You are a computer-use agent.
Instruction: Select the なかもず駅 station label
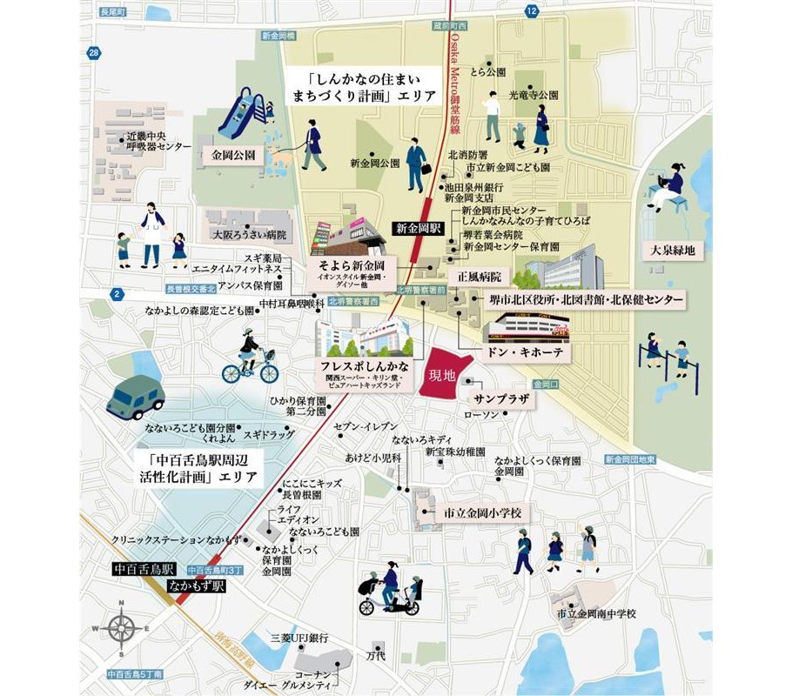(x=198, y=586)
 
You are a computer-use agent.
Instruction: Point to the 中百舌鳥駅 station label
(x=144, y=570)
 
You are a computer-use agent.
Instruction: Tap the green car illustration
(x=135, y=398)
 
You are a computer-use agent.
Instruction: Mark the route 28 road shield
(x=94, y=54)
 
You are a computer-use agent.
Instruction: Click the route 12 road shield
(x=531, y=10)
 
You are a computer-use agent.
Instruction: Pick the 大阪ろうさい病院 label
(x=254, y=236)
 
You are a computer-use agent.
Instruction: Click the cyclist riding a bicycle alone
(x=249, y=358)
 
